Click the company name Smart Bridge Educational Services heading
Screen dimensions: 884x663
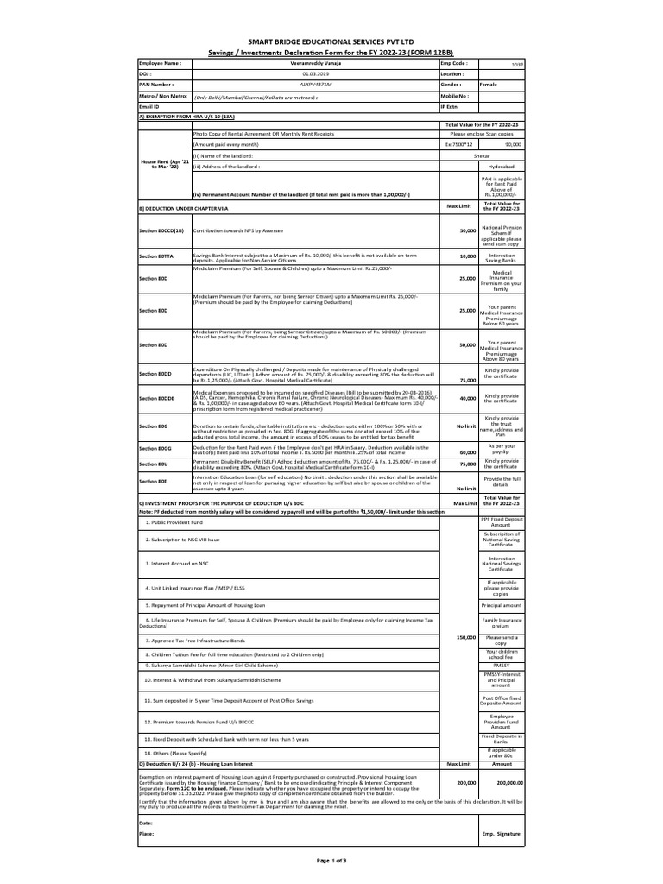point(331,41)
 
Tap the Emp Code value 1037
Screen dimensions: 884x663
point(516,65)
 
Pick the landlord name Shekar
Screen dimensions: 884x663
point(482,156)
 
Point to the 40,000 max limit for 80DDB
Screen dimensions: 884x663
point(467,398)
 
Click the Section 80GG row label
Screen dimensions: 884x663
point(156,450)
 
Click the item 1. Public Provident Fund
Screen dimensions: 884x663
point(174,523)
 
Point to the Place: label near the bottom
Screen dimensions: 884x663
point(148,835)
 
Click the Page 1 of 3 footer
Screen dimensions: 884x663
point(331,861)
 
